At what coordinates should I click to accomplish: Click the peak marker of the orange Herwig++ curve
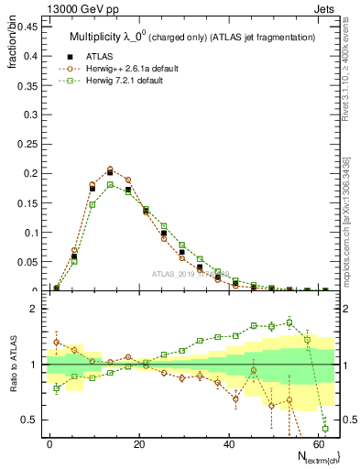tap(110, 169)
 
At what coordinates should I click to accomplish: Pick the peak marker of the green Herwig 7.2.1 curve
tap(110, 184)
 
